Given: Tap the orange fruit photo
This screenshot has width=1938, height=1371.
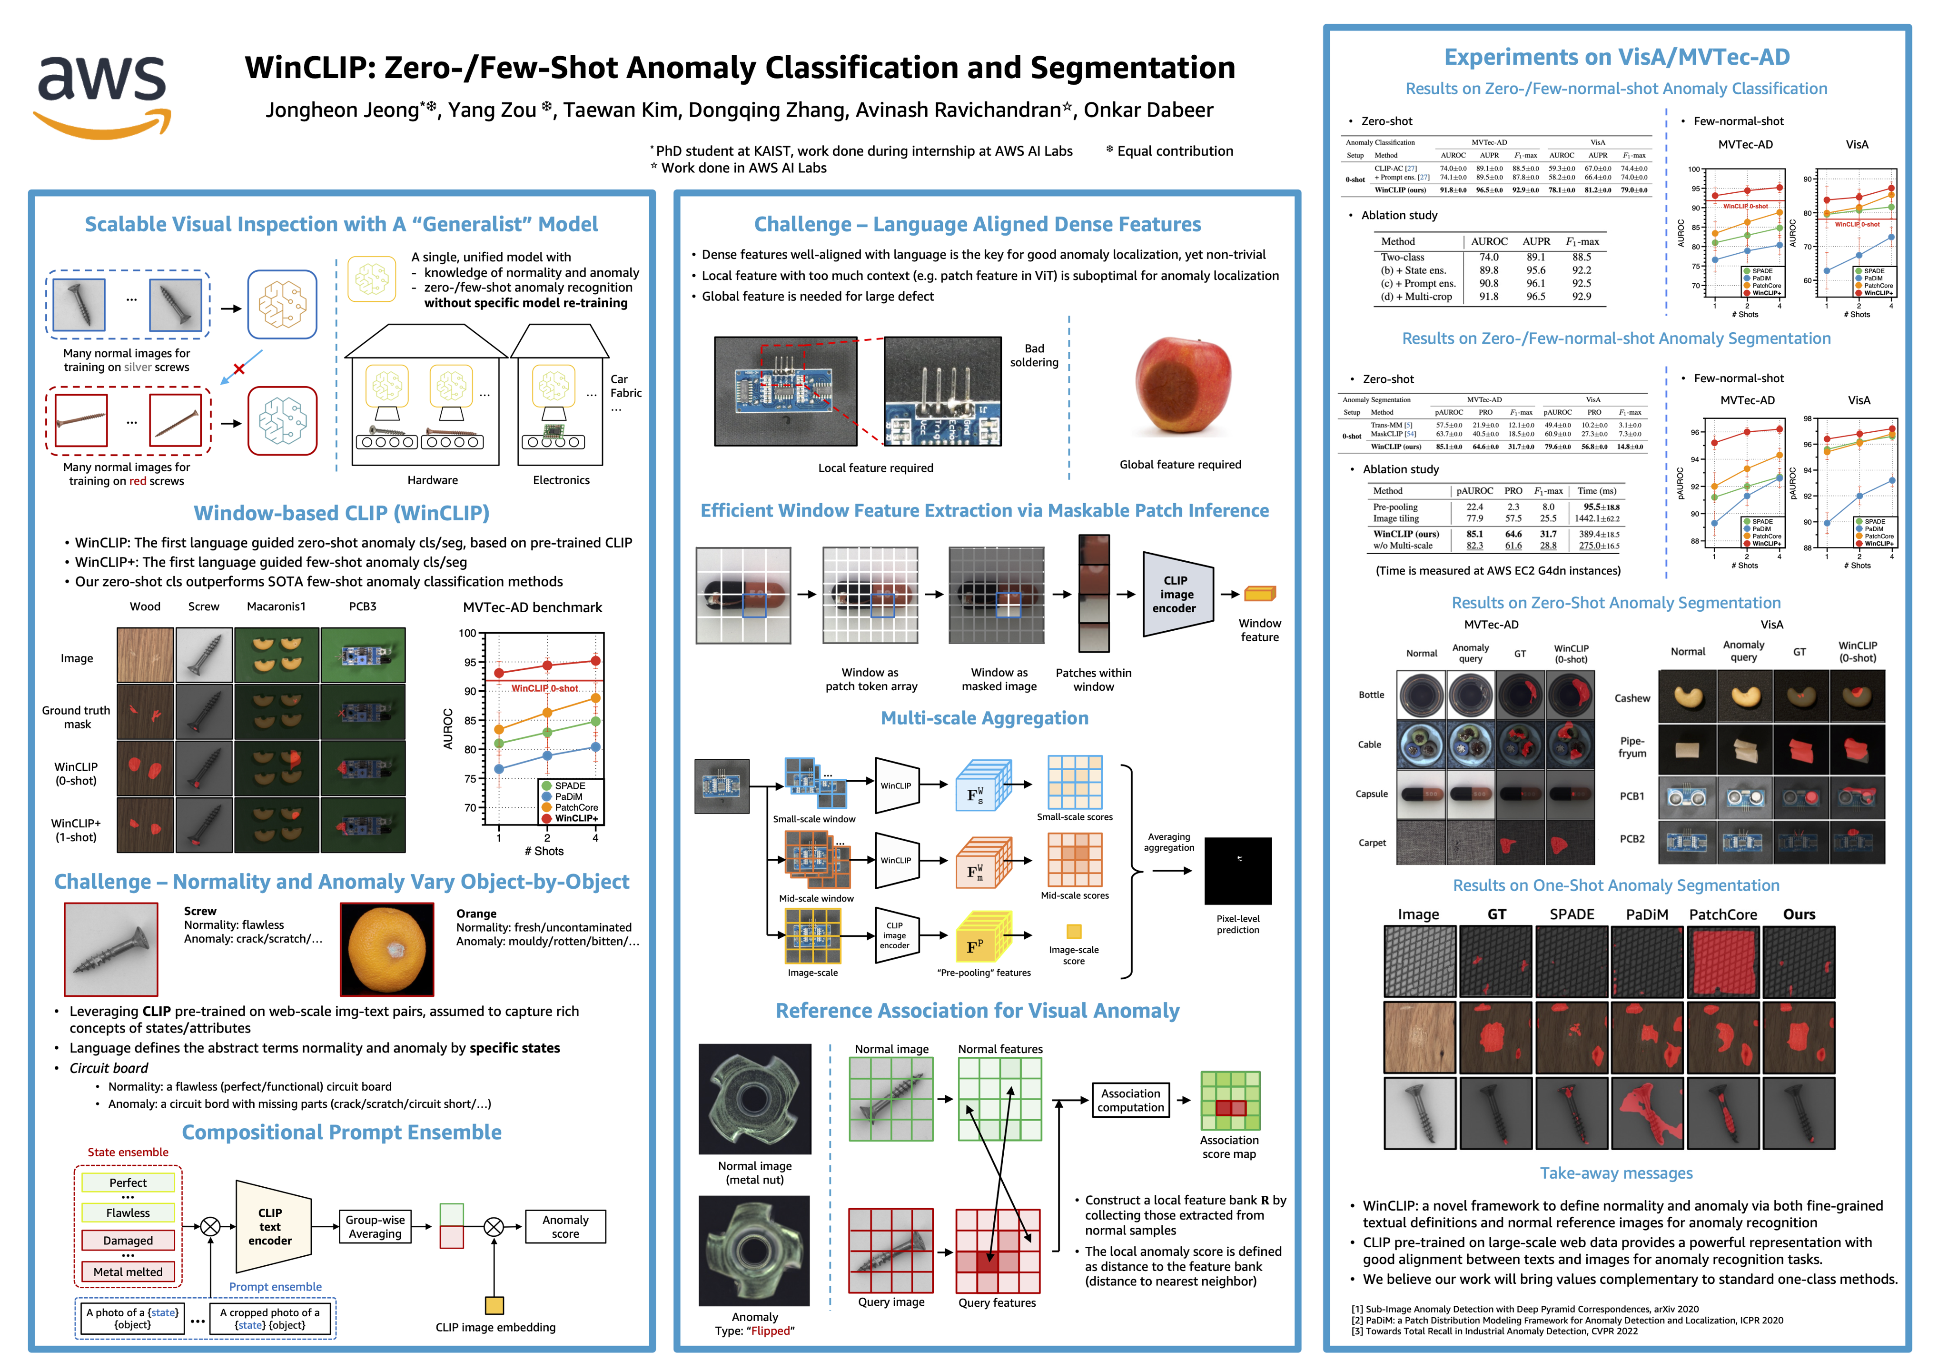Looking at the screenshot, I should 386,949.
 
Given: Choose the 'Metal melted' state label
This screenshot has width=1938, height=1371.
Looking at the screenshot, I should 129,1272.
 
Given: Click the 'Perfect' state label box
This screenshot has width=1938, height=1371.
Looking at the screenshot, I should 129,1183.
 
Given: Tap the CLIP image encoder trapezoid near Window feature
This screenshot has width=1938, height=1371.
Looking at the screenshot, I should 1177,594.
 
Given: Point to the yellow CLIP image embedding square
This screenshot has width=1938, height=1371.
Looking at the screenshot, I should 494,1305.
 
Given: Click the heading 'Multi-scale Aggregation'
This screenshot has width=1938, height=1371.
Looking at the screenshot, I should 984,718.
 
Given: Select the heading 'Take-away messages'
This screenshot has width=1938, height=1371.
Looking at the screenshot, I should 1616,1173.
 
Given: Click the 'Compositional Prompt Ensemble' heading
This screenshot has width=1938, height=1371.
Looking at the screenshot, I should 342,1133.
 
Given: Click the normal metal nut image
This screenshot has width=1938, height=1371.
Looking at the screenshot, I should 755,1099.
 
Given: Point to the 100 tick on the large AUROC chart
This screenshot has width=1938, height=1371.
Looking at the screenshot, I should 468,633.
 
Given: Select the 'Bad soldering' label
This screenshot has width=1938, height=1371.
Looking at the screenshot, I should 1034,356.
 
